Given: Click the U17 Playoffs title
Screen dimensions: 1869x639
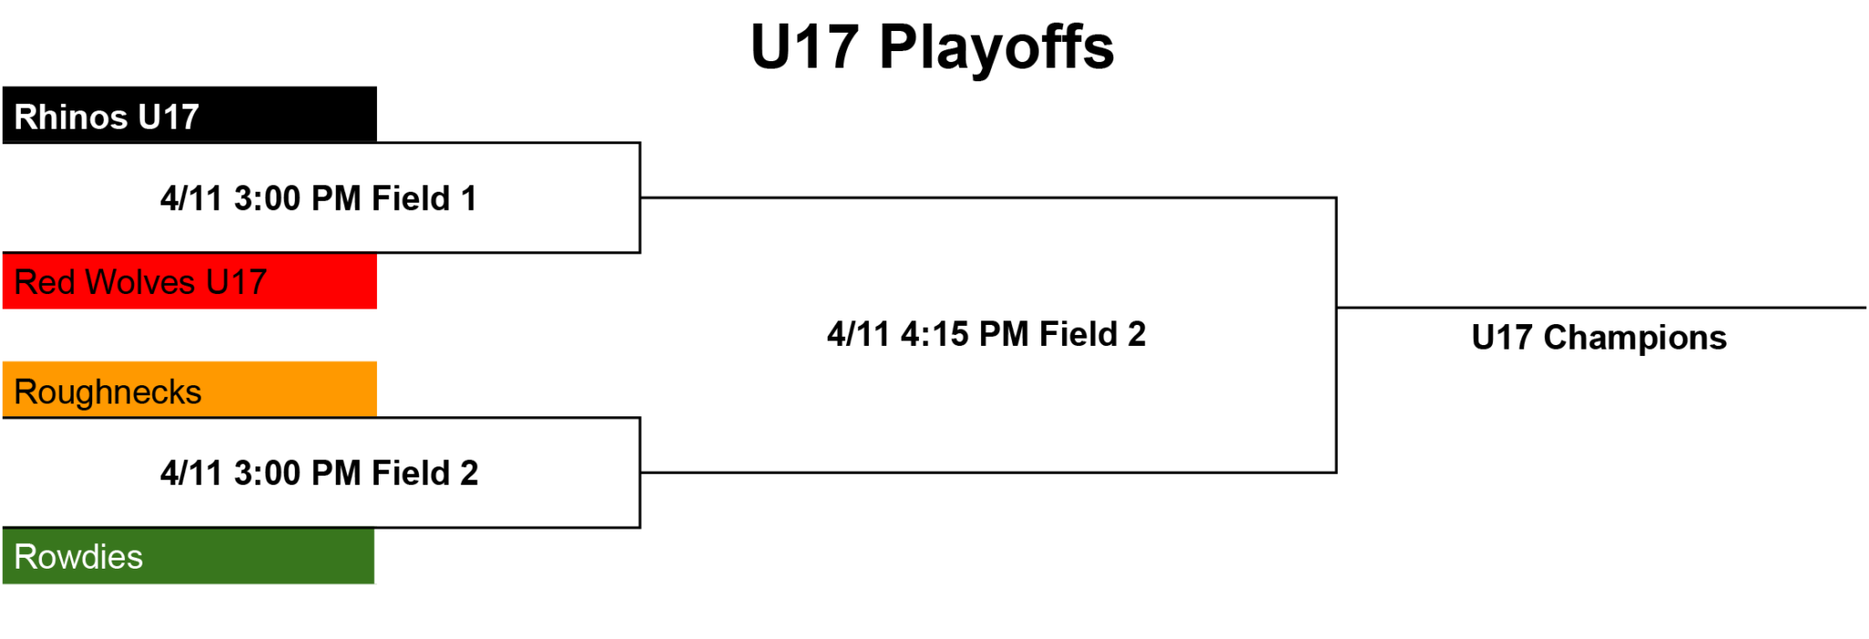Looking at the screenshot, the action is (932, 47).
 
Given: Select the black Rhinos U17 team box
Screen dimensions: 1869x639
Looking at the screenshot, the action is (190, 115).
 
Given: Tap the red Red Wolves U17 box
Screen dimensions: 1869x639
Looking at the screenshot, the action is (190, 281).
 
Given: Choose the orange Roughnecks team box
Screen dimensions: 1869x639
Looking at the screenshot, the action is (190, 390).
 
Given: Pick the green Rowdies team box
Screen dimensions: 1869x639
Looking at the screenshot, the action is (188, 556).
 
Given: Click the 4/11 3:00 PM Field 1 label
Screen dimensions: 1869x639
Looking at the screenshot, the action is (318, 198).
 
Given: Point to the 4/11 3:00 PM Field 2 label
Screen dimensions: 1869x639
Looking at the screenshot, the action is (318, 473).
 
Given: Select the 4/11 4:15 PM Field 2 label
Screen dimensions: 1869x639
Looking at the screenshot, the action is (987, 334).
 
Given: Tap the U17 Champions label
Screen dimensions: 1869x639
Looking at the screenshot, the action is (1599, 338).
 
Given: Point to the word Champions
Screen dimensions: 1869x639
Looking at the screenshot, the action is (1634, 338).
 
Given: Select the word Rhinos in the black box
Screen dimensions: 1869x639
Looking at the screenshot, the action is (71, 117).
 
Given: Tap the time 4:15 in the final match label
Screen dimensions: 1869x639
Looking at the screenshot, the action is (934, 334).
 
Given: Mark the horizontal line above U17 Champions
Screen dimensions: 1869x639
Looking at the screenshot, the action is (1602, 308).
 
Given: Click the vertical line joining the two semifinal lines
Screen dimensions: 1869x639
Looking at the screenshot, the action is (1336, 335).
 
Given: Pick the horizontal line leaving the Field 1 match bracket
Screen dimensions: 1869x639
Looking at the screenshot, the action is (988, 197).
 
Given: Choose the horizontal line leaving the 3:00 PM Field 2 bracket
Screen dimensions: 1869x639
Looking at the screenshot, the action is (988, 472).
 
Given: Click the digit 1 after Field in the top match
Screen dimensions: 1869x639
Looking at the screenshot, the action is (469, 198).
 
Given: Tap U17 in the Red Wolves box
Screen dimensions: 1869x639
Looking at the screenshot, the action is (236, 282).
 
